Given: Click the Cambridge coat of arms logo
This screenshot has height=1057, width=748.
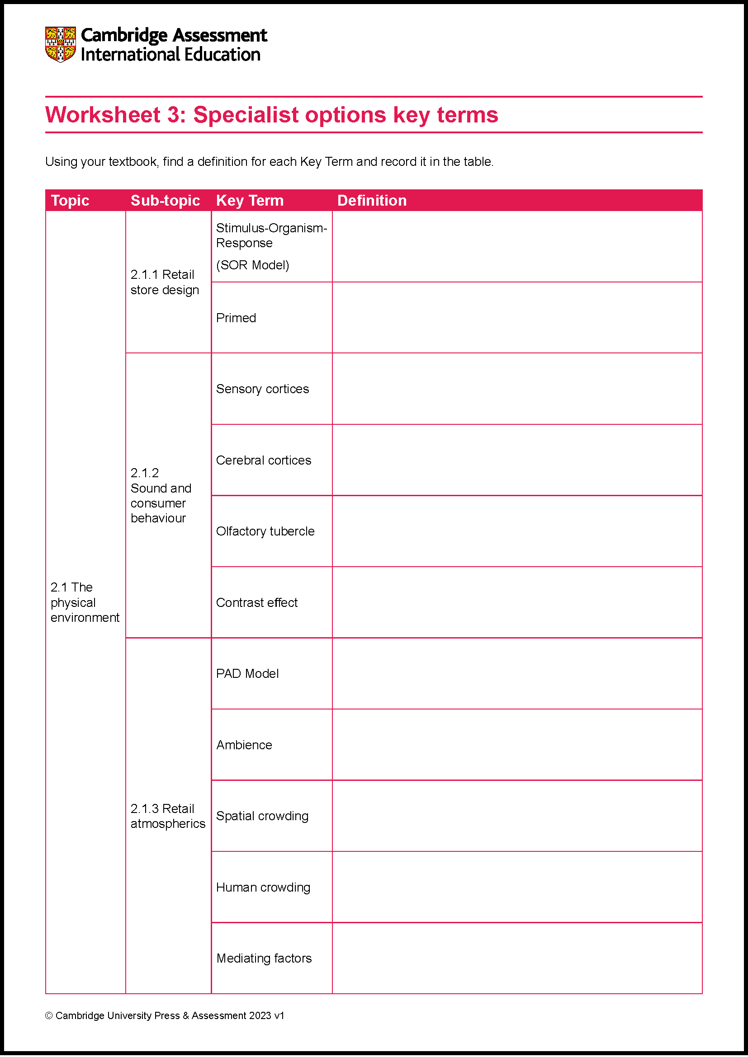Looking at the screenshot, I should [x=60, y=44].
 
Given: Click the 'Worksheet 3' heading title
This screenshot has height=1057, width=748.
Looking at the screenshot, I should [x=271, y=115].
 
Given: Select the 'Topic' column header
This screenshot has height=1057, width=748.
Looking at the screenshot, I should [x=70, y=201].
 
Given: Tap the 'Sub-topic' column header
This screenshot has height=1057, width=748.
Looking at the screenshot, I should [x=165, y=201].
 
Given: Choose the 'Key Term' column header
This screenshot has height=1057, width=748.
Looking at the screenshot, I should [x=250, y=201].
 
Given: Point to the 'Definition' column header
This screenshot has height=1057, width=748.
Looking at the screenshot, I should [x=372, y=201].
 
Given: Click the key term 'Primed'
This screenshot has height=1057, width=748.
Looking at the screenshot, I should [x=236, y=318].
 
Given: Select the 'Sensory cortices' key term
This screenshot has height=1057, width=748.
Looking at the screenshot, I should [x=262, y=389].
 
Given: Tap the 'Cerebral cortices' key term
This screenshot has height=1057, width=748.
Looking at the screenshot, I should [x=264, y=460].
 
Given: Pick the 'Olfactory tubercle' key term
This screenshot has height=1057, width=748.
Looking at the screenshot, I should [x=265, y=531].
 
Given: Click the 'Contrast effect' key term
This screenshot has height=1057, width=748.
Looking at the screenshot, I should [x=256, y=603].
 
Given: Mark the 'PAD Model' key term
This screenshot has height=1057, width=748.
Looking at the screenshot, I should [x=247, y=674].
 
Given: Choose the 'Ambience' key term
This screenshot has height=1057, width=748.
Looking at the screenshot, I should [x=244, y=745].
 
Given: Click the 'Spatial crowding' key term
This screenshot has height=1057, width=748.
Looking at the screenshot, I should [x=262, y=816].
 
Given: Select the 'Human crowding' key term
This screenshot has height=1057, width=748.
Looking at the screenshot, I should [x=263, y=888].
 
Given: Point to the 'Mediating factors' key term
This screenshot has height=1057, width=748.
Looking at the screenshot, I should [x=264, y=958].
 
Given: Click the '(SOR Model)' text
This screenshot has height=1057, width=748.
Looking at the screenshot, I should [x=252, y=265].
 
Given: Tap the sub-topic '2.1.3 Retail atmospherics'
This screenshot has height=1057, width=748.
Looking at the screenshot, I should [x=168, y=816].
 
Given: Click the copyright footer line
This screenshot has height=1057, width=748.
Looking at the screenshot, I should [x=165, y=1015].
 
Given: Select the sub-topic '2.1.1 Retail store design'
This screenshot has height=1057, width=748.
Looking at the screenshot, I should [x=165, y=282].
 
